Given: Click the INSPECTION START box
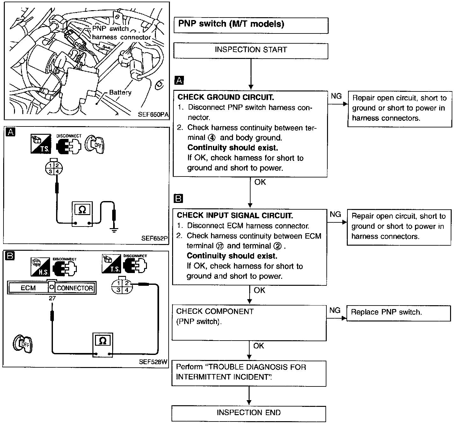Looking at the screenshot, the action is [x=251, y=51].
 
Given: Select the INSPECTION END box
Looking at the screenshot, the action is [x=249, y=413].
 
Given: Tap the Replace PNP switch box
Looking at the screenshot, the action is [x=399, y=313].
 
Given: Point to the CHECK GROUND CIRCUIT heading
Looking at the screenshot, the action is [x=226, y=97].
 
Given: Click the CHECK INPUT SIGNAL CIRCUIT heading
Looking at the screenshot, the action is [x=235, y=215].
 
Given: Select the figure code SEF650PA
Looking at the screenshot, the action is [x=153, y=114].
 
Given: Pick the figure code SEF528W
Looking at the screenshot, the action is [x=153, y=362].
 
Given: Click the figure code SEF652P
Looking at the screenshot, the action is [x=154, y=238].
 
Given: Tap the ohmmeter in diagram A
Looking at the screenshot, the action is [x=82, y=214].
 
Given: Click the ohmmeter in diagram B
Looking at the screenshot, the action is [x=103, y=345].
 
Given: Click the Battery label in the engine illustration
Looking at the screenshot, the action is [x=120, y=92].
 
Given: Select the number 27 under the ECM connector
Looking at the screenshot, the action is [x=52, y=298].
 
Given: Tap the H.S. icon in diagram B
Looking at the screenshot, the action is [x=40, y=267].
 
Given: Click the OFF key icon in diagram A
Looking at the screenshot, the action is [x=95, y=145].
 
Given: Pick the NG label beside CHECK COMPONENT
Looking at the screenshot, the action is [x=335, y=310].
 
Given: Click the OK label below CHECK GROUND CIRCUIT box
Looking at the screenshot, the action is [x=260, y=182].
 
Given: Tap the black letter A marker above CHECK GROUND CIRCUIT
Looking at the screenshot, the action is [x=179, y=80].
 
